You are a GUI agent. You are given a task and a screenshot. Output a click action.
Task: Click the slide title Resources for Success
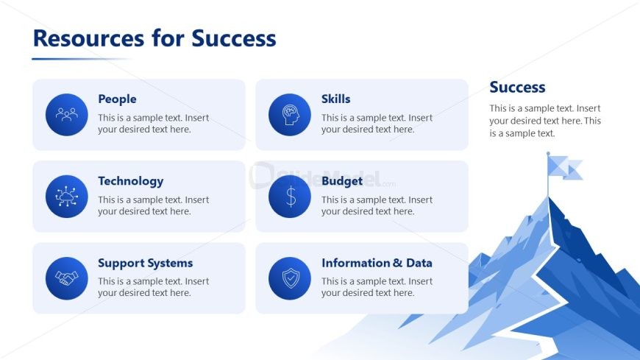[154, 38]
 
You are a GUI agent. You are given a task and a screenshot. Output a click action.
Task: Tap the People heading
[117, 99]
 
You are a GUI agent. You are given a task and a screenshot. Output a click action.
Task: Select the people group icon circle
[66, 114]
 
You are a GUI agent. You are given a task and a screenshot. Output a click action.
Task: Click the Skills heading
[335, 99]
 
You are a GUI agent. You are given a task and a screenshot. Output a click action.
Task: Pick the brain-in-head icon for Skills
[290, 114]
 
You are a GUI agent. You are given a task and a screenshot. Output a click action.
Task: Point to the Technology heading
[131, 181]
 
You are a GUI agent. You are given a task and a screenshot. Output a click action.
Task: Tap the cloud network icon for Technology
[66, 197]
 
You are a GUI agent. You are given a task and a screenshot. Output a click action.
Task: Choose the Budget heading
[341, 181]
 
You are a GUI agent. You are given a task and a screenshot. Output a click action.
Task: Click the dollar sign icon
[290, 197]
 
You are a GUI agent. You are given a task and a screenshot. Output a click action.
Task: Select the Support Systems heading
[146, 263]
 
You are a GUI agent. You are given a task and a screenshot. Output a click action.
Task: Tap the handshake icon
[66, 278]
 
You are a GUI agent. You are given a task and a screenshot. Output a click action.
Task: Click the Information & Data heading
[377, 263]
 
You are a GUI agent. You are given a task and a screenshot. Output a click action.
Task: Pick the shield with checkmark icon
[290, 278]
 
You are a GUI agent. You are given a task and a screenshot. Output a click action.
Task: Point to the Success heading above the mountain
[517, 87]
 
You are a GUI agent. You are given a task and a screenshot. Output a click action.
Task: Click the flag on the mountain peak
[564, 168]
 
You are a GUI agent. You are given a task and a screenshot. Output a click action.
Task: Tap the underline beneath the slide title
[81, 59]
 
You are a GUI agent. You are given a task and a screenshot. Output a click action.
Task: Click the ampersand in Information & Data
[397, 263]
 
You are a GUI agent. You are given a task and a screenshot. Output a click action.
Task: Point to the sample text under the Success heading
[545, 121]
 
